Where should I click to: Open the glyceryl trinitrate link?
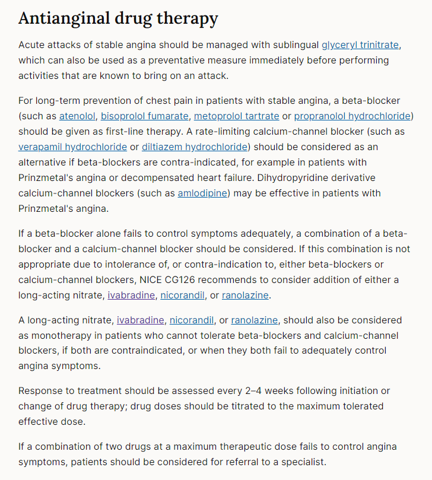(360, 45)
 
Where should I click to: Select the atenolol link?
(77, 116)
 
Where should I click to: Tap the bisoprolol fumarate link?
(145, 116)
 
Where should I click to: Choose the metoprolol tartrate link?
(236, 116)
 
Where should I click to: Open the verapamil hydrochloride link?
(72, 147)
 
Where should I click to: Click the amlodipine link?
(202, 193)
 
